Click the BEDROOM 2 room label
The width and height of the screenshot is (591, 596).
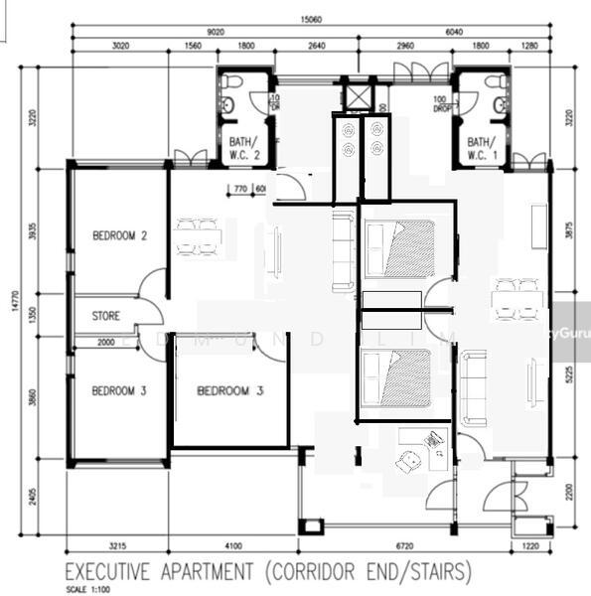[x=119, y=236]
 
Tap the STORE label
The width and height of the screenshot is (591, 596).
[x=106, y=316]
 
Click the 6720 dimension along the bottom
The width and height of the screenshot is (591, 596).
[x=405, y=546]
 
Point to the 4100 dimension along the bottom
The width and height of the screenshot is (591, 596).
[x=233, y=546]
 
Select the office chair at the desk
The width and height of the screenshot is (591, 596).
[x=407, y=459]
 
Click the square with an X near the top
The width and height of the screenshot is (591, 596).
[x=357, y=96]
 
